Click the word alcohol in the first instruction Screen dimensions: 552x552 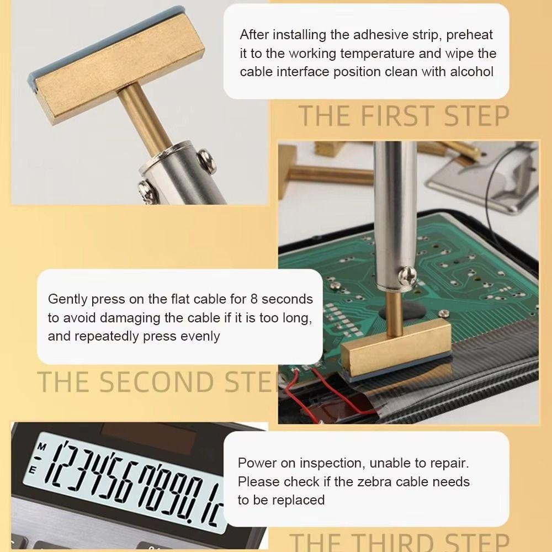pos(472,72)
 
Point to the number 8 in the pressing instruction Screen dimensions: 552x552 pos(254,299)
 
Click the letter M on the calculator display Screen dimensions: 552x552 pos(42,447)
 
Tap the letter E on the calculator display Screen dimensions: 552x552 pos(32,470)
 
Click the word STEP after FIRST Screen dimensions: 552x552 pos(477,116)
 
